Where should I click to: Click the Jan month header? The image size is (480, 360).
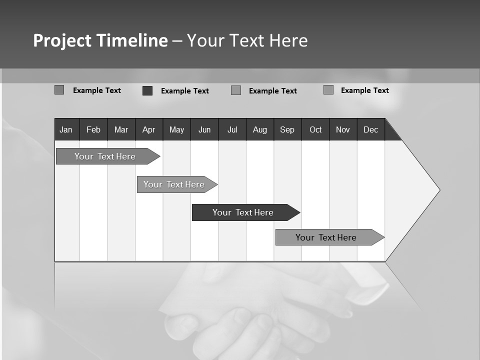(66, 129)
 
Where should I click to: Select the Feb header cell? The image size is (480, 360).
(93, 129)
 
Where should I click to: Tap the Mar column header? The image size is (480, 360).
(121, 129)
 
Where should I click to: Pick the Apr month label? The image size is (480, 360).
(148, 129)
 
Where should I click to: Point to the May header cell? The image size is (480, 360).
(176, 129)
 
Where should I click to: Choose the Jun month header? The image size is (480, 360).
(204, 129)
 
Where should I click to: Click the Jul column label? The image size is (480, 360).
(232, 129)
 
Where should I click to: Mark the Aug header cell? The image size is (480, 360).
(260, 129)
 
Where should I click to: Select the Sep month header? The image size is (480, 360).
(287, 129)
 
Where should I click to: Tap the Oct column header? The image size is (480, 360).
(315, 129)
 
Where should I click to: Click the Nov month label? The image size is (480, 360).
(343, 129)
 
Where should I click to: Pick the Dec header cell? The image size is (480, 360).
(370, 129)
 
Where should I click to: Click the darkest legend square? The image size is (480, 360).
(147, 90)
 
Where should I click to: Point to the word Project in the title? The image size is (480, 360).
(62, 40)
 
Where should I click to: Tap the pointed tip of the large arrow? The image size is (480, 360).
(439, 190)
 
